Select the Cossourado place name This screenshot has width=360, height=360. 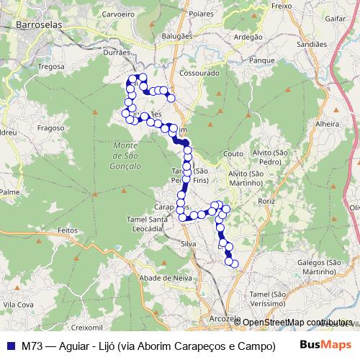coord(199,73)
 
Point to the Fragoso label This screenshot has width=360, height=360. coord(51,127)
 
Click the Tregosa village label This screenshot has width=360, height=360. coord(51,66)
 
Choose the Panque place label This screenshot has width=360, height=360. coord(257,61)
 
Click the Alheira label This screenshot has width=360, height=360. coord(327,124)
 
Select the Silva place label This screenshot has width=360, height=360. coord(189,244)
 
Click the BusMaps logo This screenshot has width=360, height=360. coord(325,344)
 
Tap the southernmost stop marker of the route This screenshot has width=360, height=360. coord(233,263)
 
